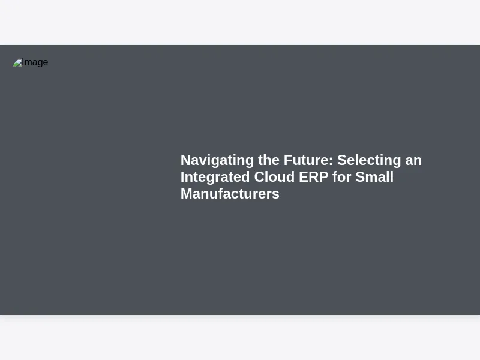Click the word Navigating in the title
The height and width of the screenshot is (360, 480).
[x=217, y=161]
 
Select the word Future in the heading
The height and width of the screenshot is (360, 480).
[x=307, y=160]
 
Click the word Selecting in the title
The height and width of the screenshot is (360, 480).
[x=369, y=161]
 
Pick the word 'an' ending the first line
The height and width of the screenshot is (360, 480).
[x=413, y=161]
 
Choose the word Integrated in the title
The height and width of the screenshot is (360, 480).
[x=215, y=178]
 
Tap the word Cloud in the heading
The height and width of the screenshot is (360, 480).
[x=274, y=177]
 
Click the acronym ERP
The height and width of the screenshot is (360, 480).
[x=313, y=177]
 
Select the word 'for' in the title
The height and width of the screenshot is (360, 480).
[x=341, y=177]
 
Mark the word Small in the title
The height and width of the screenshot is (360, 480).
[x=374, y=177]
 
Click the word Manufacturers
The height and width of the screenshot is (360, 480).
[x=230, y=194]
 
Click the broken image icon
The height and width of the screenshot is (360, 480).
[x=17, y=62]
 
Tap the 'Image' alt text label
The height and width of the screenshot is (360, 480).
[x=35, y=62]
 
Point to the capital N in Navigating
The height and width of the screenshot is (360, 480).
[x=185, y=160]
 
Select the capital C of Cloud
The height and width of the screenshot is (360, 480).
[x=259, y=177]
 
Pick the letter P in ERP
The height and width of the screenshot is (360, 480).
[x=323, y=177]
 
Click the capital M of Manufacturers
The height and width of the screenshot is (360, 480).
[x=186, y=194]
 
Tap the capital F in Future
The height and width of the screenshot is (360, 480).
[x=288, y=160]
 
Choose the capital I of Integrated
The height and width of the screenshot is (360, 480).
[x=182, y=177]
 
